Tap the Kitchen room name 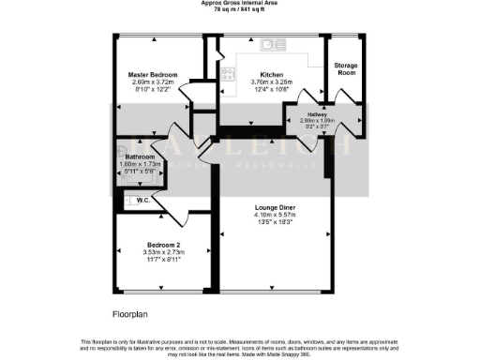272,73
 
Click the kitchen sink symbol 274,44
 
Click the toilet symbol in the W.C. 125,199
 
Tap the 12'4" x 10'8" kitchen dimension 272,89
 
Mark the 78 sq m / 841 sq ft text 240,10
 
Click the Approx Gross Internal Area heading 240,4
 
